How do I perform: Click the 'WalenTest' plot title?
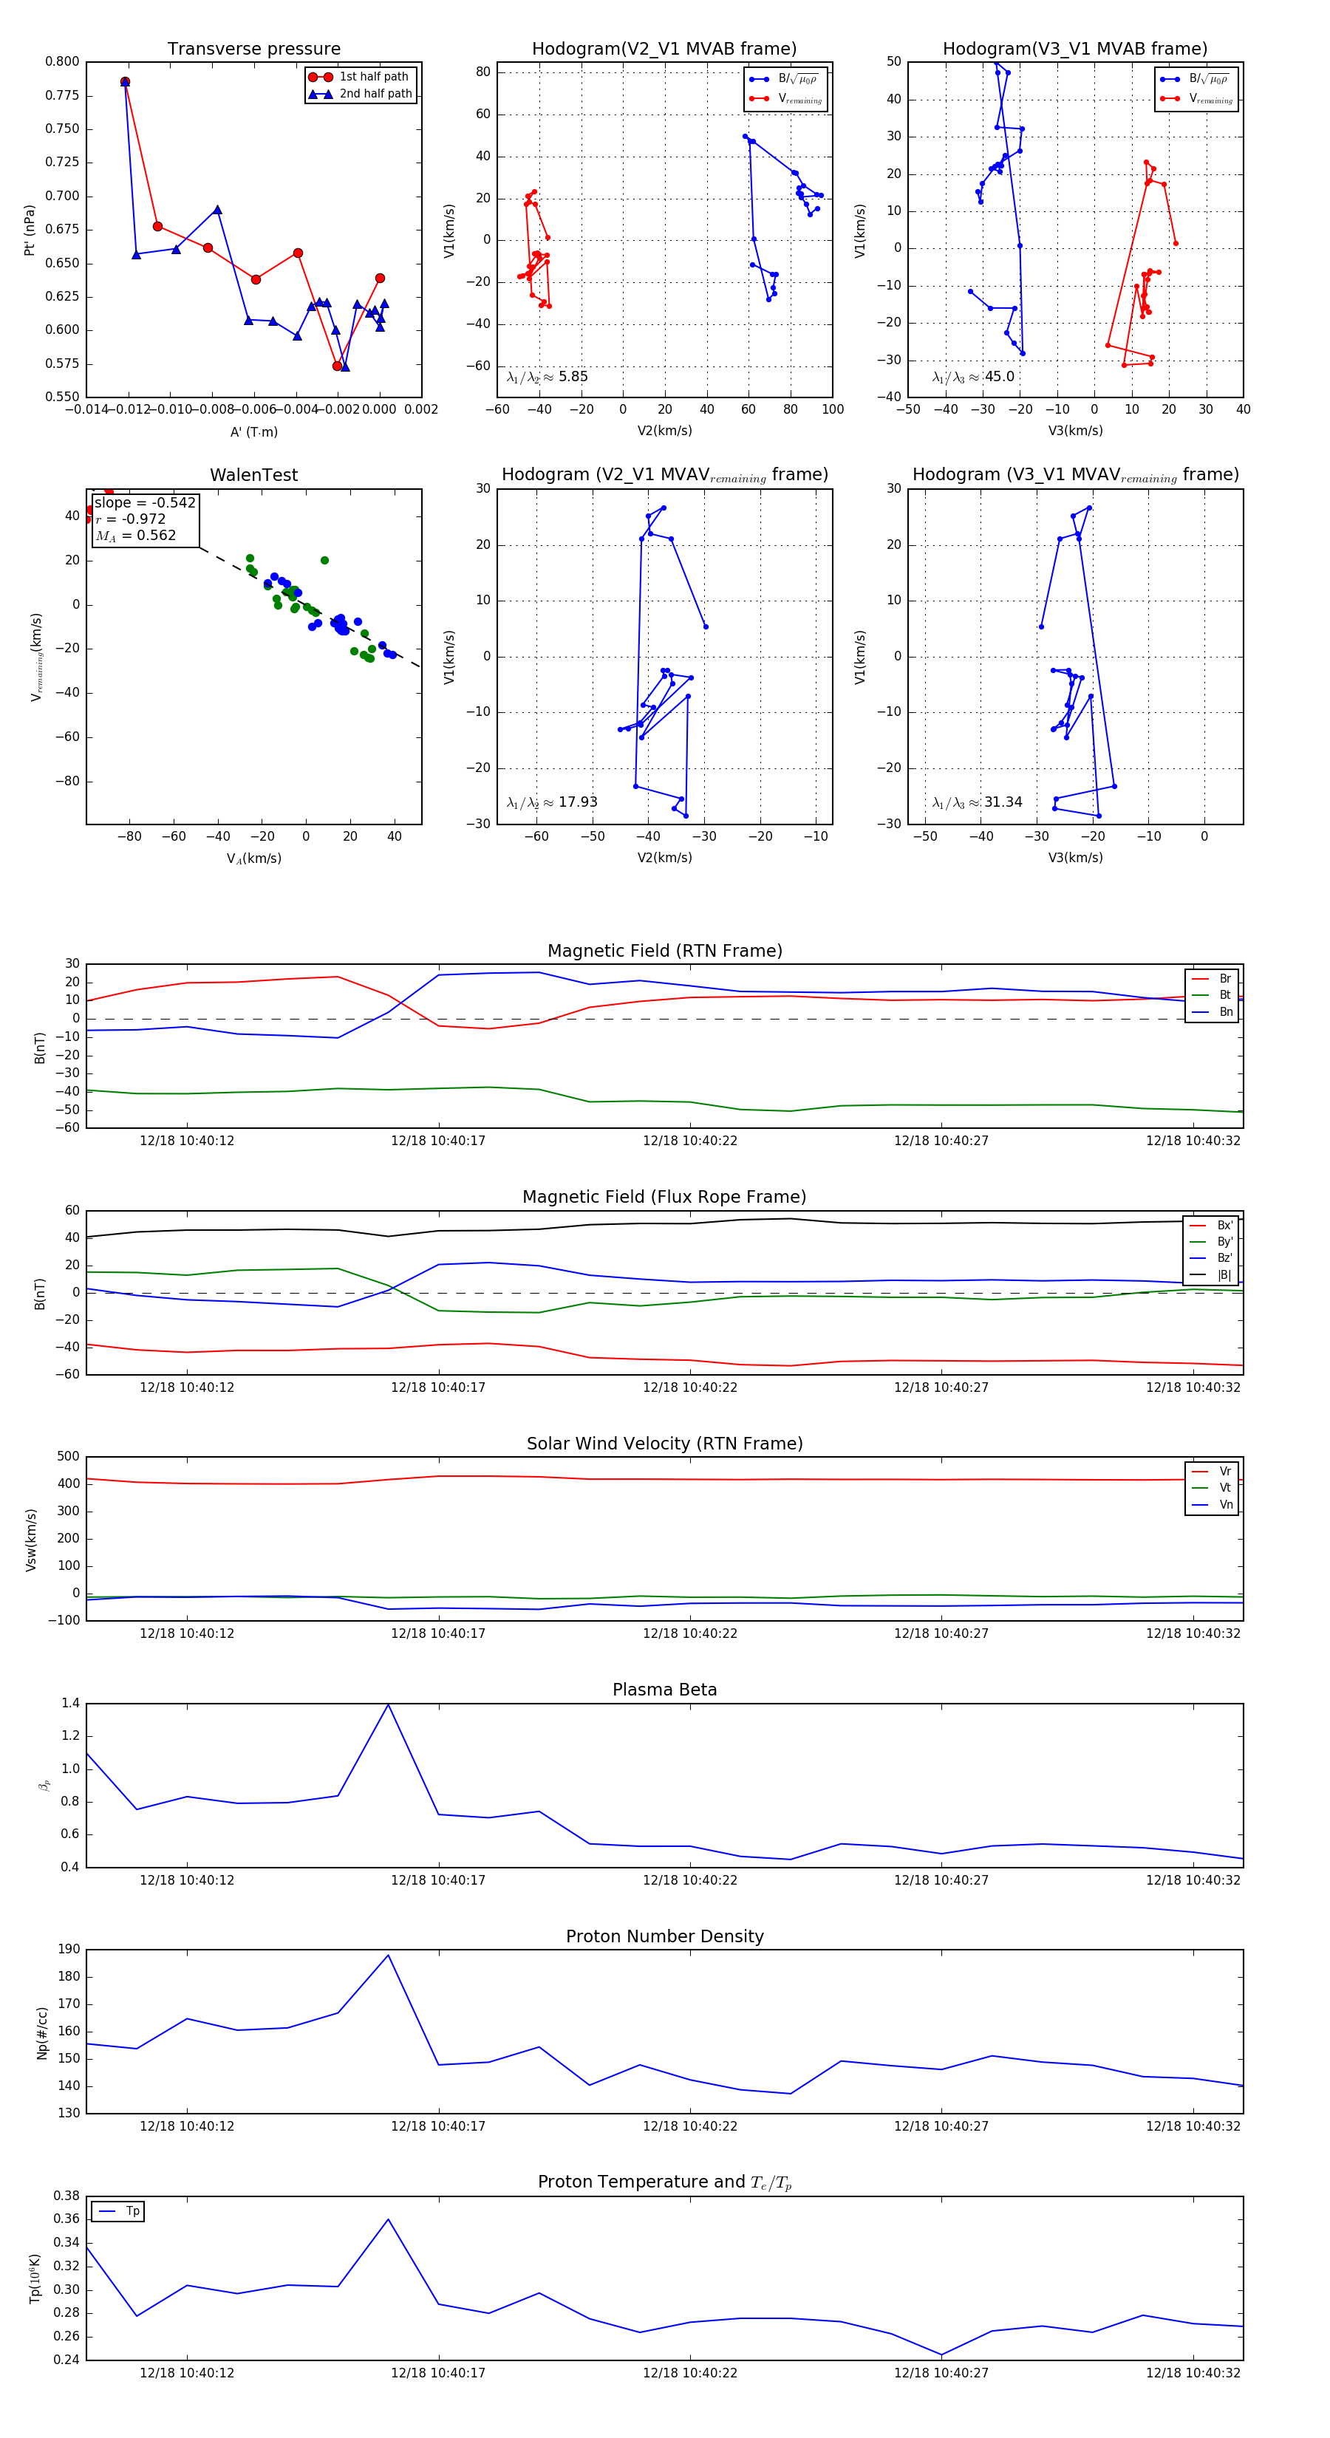click(x=253, y=475)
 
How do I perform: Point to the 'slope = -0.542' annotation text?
click(x=144, y=502)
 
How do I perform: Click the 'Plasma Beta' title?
click(x=664, y=1690)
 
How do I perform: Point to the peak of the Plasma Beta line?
click(x=388, y=1704)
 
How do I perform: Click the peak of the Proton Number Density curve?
click(x=388, y=1956)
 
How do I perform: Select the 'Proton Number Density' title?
click(x=664, y=1936)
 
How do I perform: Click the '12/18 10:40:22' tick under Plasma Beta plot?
click(x=689, y=1880)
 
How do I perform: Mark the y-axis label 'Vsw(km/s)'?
click(x=31, y=1540)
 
